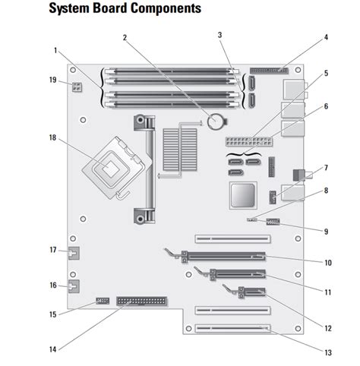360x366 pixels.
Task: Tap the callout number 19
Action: pos(53,80)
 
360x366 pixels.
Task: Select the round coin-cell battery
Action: pos(215,121)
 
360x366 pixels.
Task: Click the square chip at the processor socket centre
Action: pos(111,169)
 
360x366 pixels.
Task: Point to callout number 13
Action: pos(328,352)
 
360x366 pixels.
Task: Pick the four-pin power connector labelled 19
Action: pos(77,87)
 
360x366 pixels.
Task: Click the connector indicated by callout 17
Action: pos(74,253)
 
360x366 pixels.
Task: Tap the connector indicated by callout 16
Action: pos(74,286)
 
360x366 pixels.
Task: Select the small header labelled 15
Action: pos(103,301)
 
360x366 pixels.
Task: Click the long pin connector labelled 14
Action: pos(141,301)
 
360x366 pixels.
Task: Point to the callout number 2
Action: pos(125,38)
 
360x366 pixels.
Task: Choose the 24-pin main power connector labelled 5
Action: pos(249,141)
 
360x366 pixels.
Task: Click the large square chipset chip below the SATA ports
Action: pos(243,195)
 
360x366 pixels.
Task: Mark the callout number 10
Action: pos(328,263)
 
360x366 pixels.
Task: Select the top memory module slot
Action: pos(172,71)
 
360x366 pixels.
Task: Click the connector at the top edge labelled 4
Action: pos(269,71)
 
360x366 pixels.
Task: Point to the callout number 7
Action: pos(326,168)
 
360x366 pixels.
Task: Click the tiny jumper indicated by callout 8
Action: pos(251,219)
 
